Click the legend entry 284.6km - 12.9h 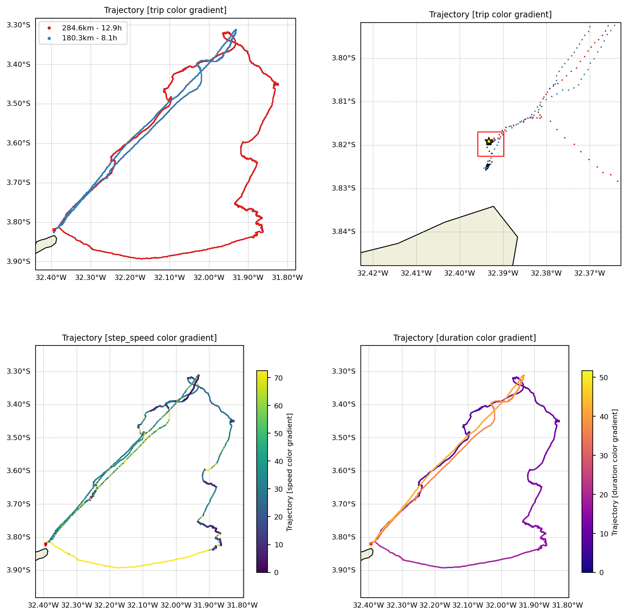point(91,28)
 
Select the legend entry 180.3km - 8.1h point(89,38)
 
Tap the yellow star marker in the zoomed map point(489,141)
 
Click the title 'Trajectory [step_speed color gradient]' point(139,338)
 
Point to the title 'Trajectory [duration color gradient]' point(464,338)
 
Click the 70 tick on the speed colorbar point(278,378)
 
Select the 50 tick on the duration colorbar point(604,378)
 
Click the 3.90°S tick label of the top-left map point(18,261)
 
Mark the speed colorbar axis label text point(290,472)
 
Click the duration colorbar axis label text point(615,472)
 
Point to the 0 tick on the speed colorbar point(276,572)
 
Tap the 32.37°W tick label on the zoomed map point(590,273)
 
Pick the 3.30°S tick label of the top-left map point(18,25)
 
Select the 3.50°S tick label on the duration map point(343,437)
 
